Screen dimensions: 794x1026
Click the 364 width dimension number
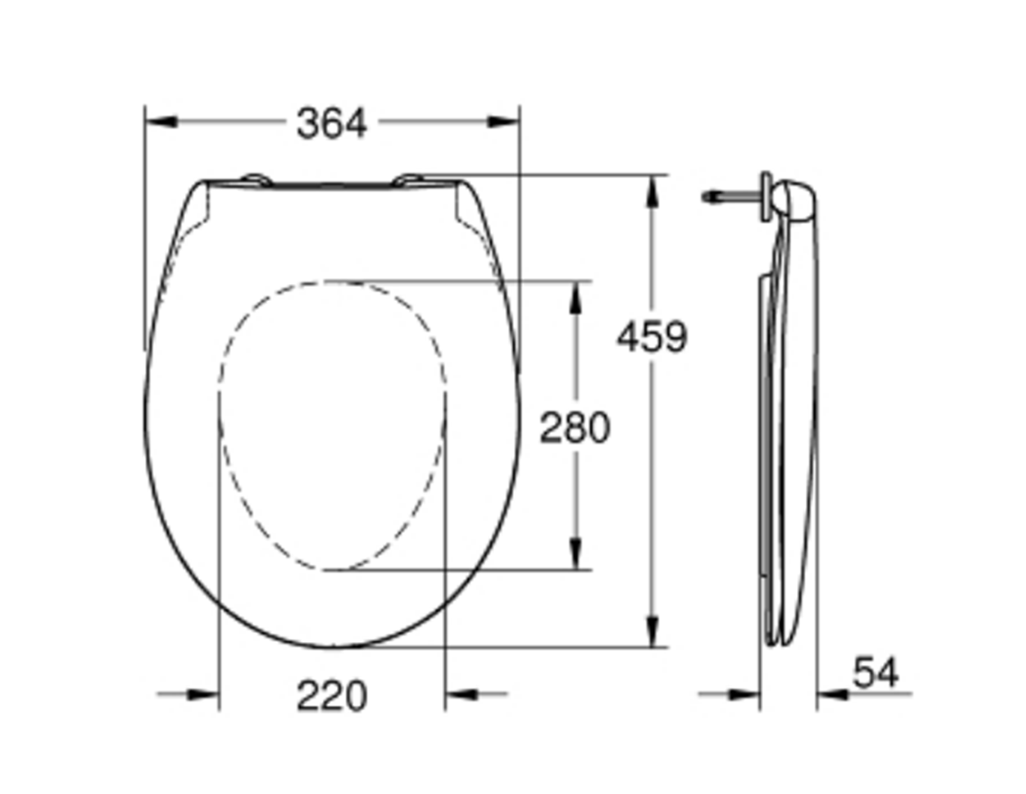click(332, 124)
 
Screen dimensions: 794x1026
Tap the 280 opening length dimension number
click(575, 428)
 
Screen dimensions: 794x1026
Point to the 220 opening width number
click(332, 696)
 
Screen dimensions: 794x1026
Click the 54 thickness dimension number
click(875, 672)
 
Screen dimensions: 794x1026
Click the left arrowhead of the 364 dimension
click(160, 121)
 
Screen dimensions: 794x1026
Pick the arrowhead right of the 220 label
click(461, 694)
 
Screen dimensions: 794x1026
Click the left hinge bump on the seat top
click(255, 178)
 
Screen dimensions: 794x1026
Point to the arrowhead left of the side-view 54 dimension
click(745, 694)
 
